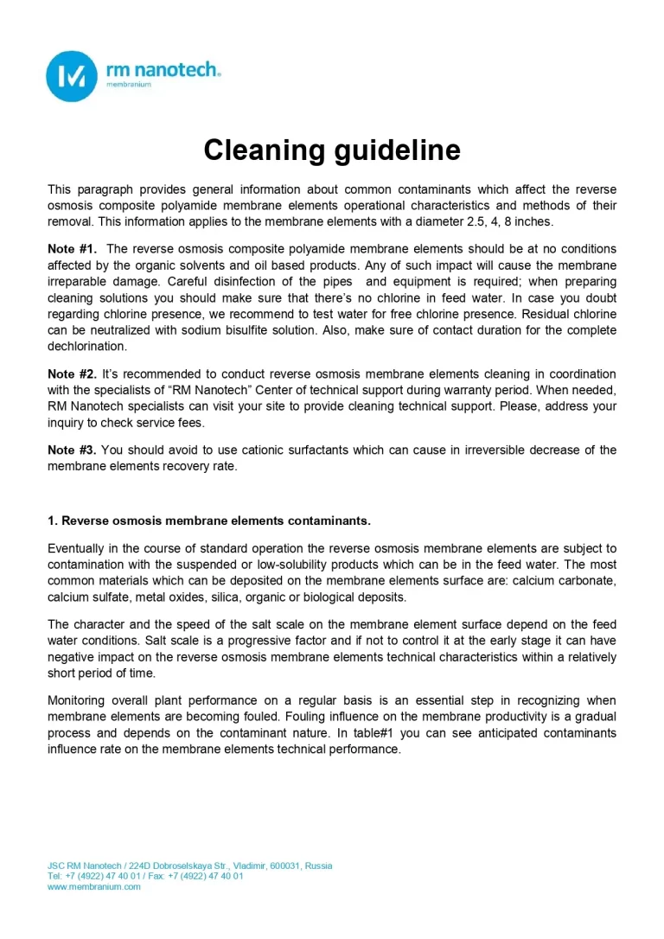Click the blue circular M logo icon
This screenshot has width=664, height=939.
[71, 76]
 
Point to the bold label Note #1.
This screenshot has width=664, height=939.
[72, 249]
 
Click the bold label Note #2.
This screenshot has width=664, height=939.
[72, 374]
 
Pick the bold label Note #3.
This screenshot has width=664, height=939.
[72, 450]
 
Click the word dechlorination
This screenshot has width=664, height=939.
[86, 346]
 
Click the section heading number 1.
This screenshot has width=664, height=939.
[52, 521]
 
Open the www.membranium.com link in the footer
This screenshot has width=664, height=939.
[93, 886]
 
